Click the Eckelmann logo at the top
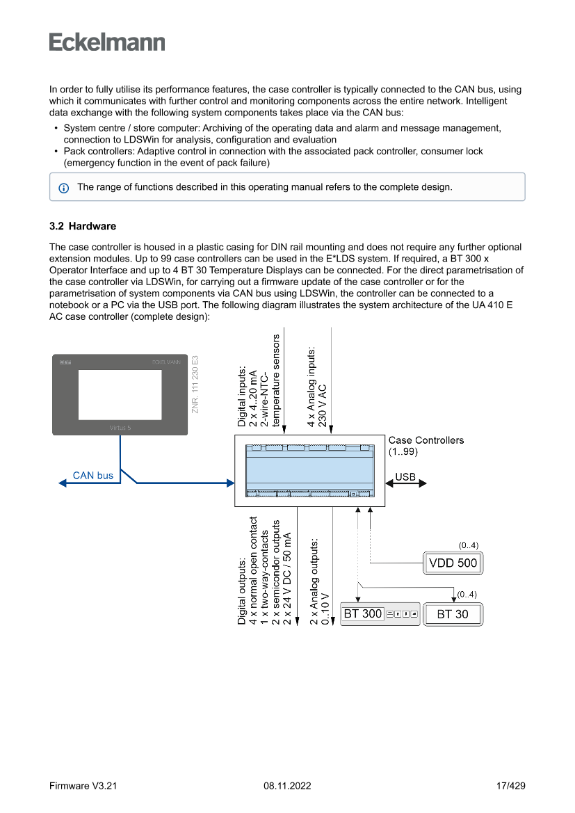point(107,42)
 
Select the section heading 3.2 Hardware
point(83,226)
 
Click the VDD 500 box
point(453,563)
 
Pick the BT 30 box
point(453,614)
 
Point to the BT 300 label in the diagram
point(363,614)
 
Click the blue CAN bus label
point(93,476)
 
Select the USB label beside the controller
point(405,477)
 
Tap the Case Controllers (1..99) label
point(426,445)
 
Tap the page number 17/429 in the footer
point(510,786)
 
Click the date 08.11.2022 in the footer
point(287,786)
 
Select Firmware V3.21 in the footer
point(83,786)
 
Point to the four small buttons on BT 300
point(402,614)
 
